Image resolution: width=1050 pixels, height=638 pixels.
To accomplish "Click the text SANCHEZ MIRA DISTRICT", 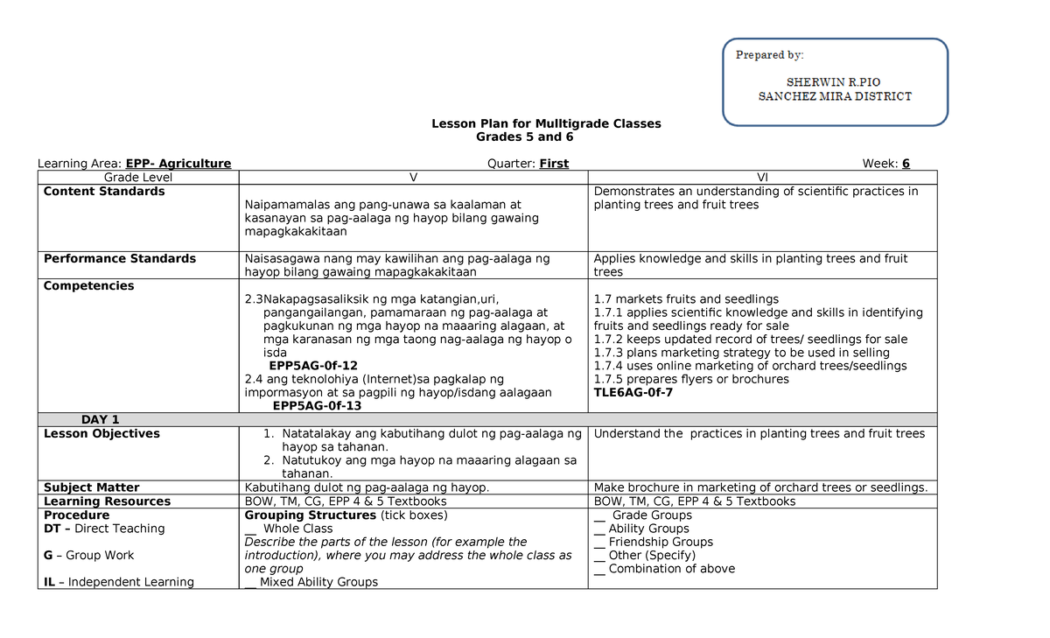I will click(835, 96).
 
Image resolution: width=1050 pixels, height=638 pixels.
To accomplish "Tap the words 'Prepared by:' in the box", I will click(769, 55).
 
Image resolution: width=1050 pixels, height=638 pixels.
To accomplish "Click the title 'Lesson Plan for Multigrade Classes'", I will click(546, 123).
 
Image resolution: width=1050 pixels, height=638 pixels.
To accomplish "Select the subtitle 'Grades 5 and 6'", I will click(524, 137).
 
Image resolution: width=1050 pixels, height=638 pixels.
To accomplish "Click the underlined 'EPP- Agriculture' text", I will click(178, 164).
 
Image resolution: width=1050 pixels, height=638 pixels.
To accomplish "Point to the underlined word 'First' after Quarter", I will click(554, 164).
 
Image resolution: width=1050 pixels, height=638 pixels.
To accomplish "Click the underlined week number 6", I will click(906, 164).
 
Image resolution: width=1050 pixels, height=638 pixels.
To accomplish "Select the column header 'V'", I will click(413, 178).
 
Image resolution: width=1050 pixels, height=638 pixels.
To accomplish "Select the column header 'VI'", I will click(762, 178).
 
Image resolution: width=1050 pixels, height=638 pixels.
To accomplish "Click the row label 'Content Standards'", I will click(104, 192).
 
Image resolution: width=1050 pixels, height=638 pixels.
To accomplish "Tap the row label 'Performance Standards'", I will click(120, 259).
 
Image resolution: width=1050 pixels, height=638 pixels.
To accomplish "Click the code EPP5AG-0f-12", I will click(313, 366).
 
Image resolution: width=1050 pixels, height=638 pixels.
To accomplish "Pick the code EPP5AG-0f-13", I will click(317, 406).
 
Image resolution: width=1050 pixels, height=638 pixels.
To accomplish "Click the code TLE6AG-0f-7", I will click(634, 393).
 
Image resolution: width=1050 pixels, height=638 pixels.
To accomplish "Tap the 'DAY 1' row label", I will click(100, 420).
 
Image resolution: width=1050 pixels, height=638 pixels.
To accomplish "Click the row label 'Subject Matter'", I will click(92, 487).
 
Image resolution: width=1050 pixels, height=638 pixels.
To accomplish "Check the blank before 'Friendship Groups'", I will click(599, 543).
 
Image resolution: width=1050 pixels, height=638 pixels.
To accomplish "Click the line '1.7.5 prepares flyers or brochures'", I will click(690, 380).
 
